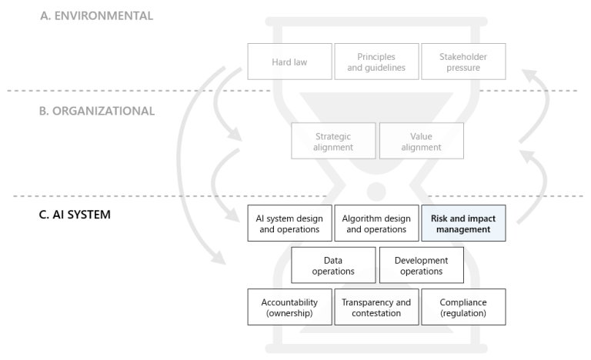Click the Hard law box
coord(290,62)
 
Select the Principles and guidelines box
coord(376,62)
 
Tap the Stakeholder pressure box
coord(463,62)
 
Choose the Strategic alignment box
coord(333,141)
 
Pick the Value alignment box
coord(421,141)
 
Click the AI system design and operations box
coord(290,223)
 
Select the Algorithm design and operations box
coord(376,223)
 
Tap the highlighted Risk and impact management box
coord(463,223)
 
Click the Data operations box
coord(333,265)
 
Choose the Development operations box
coord(421,265)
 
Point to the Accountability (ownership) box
coord(290,307)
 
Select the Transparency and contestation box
coord(376,307)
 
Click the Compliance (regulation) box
coord(463,307)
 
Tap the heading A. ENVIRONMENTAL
coord(97,15)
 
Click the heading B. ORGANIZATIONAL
coord(97,111)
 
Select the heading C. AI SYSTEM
coord(75,214)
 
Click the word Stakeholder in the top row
coord(463,56)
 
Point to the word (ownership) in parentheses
coord(290,313)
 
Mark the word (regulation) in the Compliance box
coord(463,313)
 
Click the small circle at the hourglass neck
coord(376,189)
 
